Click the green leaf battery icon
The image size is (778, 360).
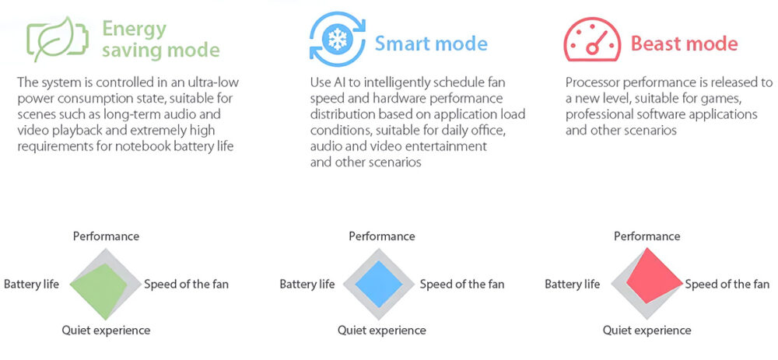pos(58,40)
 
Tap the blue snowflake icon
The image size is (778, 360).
pos(338,40)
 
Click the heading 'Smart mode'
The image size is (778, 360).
pos(431,44)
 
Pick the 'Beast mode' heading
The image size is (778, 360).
pos(684,44)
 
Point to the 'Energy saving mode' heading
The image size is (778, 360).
pos(161,40)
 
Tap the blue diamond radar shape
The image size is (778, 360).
pos(379,284)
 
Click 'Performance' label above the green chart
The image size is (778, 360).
pos(106,236)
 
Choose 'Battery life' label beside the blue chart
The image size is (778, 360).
pos(307,284)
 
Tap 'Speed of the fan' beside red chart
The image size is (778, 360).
pos(727,284)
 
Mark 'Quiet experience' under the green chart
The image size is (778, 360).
pos(106,330)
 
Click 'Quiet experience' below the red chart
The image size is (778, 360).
pos(647,330)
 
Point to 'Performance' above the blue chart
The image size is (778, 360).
pos(382,236)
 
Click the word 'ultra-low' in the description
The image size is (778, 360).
pos(215,82)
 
